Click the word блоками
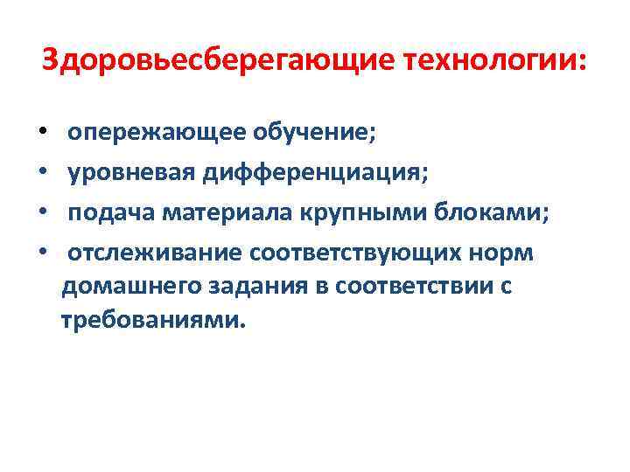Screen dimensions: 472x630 click(499, 213)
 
